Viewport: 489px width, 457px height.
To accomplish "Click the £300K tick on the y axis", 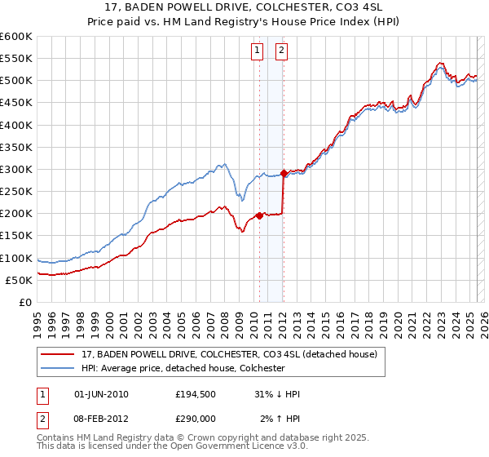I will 16,169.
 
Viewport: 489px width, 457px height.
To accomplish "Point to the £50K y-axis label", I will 19,280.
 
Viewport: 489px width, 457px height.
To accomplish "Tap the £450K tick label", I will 16,103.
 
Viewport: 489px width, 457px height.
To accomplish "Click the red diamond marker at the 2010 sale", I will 259,215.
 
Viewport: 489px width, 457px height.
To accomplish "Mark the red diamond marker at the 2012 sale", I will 284,173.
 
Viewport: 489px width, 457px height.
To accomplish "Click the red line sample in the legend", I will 59,355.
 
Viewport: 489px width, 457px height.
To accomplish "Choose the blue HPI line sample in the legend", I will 59,368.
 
